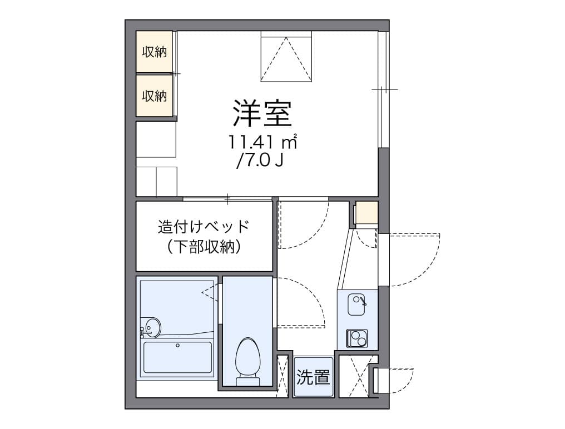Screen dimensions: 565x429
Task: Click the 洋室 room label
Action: (x=262, y=113)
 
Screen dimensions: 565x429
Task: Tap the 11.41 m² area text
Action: (x=262, y=142)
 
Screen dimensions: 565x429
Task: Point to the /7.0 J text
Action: (x=260, y=161)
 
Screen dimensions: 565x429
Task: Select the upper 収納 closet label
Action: (x=154, y=52)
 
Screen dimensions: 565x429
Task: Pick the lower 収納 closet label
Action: (x=154, y=96)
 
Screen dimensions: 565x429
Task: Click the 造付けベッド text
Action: (x=204, y=227)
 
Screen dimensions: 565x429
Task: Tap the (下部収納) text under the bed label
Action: (x=204, y=247)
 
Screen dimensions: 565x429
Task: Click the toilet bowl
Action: (x=247, y=357)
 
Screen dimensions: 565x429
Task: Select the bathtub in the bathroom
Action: (x=177, y=357)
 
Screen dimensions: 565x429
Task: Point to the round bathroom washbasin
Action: (x=151, y=328)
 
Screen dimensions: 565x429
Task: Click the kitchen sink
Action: (x=357, y=305)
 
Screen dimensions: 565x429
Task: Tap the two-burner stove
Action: (x=357, y=338)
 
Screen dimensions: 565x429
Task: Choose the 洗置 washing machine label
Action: (x=313, y=377)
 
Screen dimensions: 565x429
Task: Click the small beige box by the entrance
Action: (x=366, y=213)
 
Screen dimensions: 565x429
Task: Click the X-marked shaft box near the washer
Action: (x=354, y=376)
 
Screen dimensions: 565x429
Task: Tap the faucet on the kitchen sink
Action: (x=363, y=301)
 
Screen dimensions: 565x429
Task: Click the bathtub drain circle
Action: (x=177, y=346)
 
